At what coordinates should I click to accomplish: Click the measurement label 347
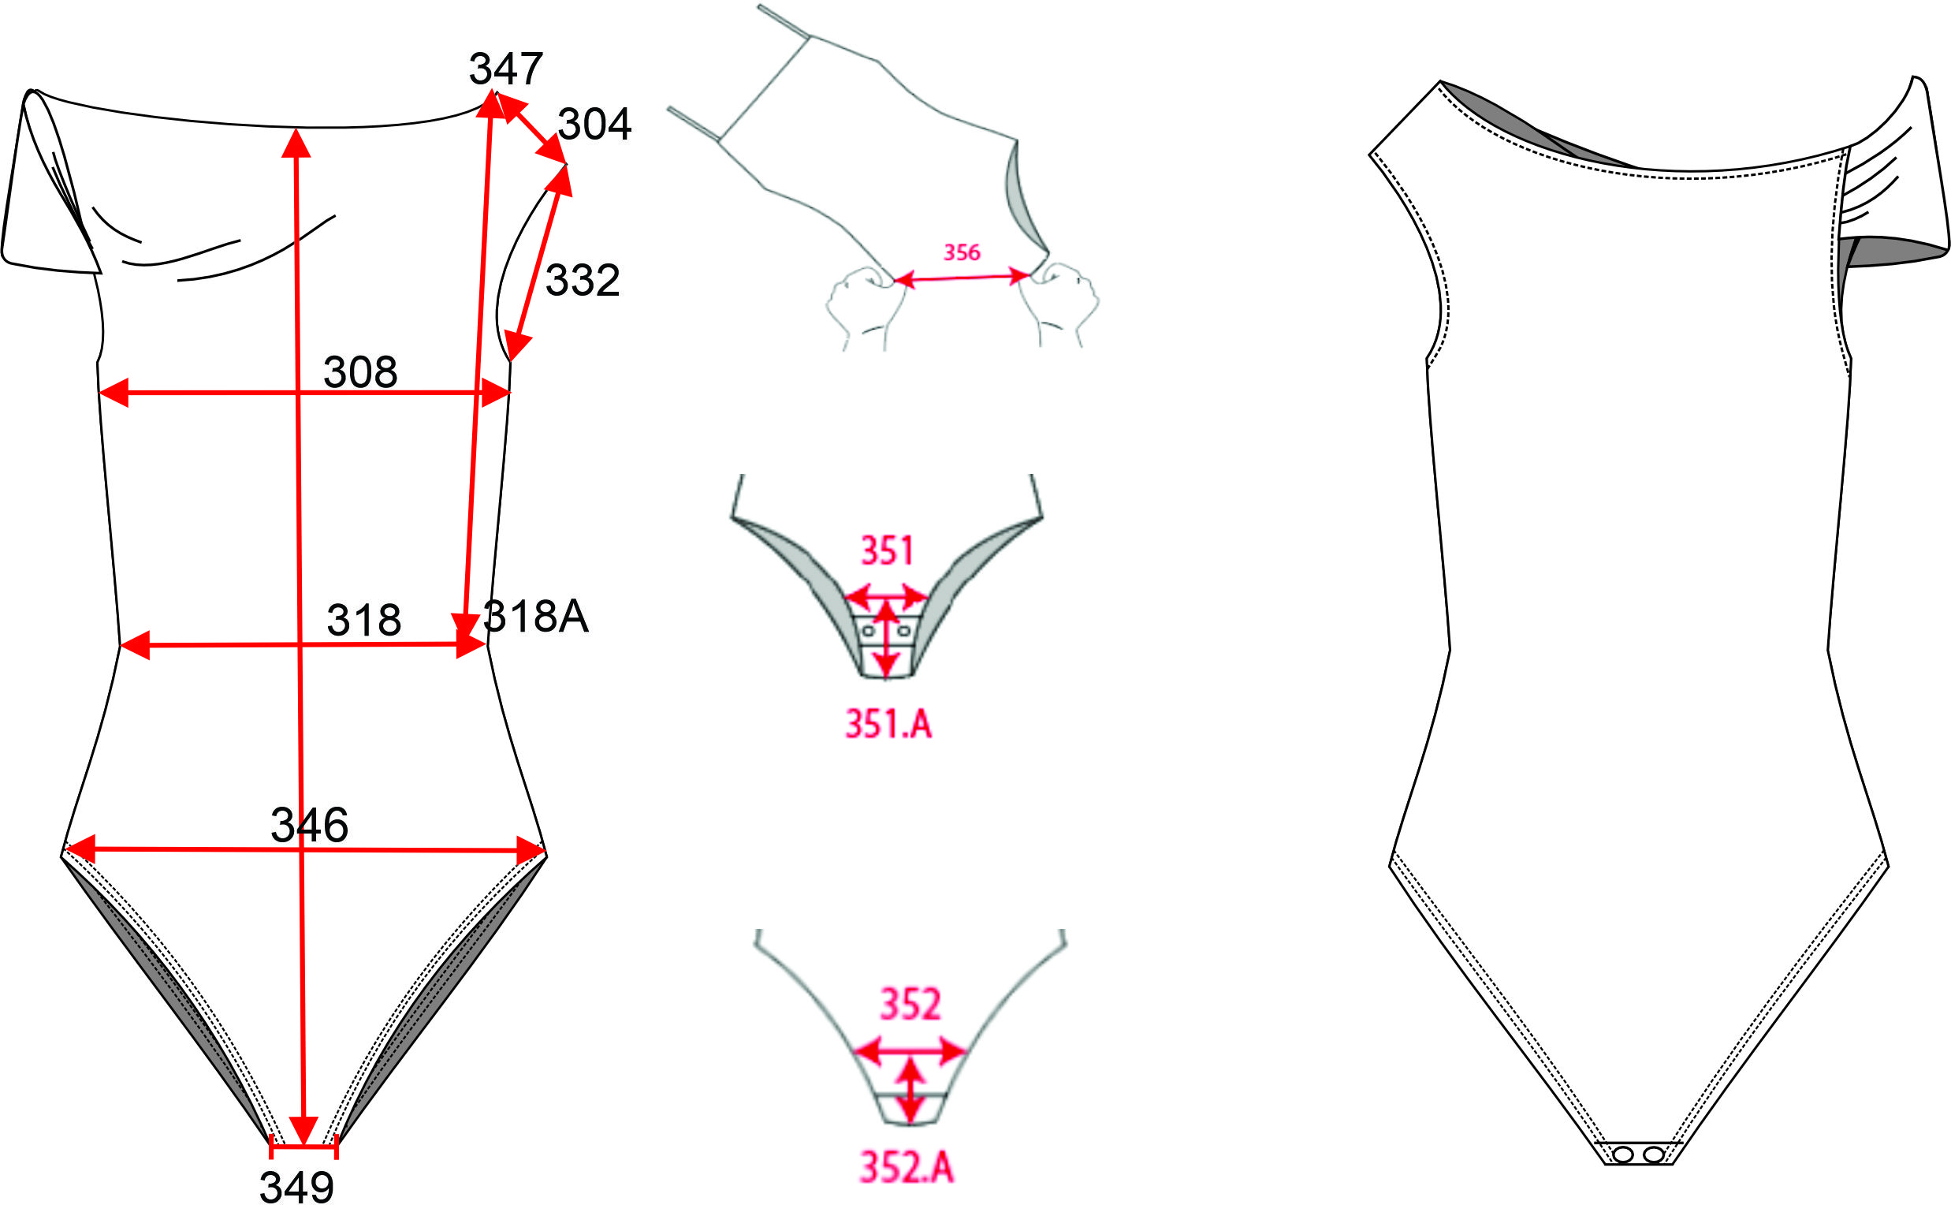505,69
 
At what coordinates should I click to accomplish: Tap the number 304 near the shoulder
594,124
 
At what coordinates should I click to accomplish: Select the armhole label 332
583,281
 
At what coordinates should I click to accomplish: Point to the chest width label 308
360,373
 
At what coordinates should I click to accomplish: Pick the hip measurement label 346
310,825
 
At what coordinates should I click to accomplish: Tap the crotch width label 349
296,1188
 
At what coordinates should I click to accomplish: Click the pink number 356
962,253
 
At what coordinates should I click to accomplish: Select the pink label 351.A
888,724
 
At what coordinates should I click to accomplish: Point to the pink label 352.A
907,1168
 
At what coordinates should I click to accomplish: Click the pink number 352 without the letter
910,1004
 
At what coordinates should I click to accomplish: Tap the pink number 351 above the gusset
887,551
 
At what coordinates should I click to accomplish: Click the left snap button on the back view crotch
1623,1154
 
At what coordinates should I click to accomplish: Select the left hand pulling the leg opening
863,304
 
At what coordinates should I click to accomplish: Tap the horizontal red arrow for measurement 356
962,278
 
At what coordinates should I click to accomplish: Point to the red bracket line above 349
303,1147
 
